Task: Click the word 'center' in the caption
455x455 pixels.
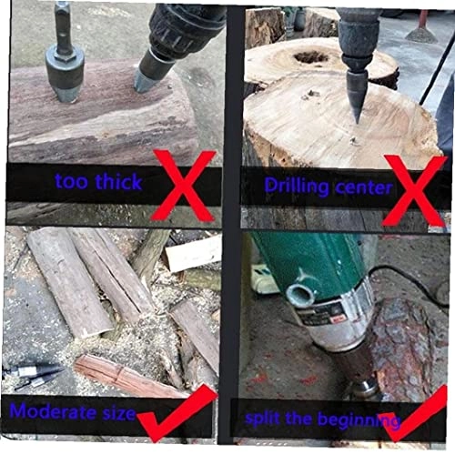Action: (x=363, y=188)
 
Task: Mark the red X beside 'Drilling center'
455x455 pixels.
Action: (x=415, y=189)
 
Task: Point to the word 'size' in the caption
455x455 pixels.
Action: (x=117, y=414)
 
